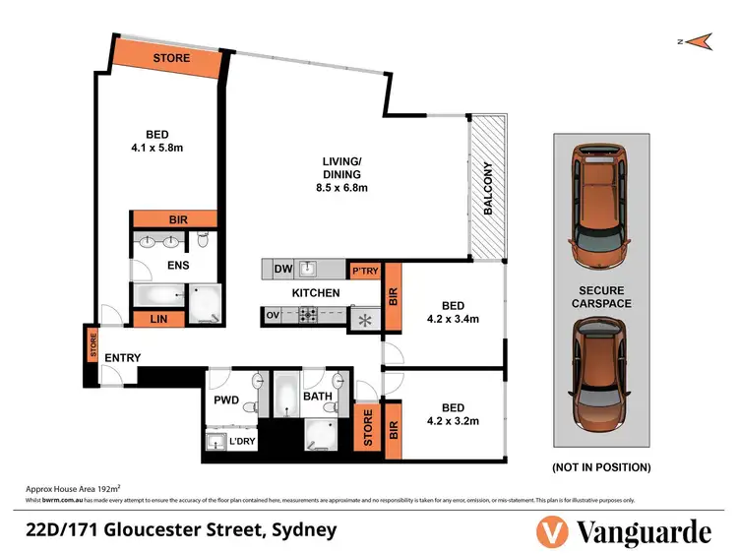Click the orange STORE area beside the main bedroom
(170, 57)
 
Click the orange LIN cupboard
(156, 318)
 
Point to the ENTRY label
(122, 356)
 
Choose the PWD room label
(227, 400)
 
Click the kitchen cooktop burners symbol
(307, 316)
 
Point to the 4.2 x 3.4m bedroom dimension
(452, 318)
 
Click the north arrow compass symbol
(700, 40)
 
